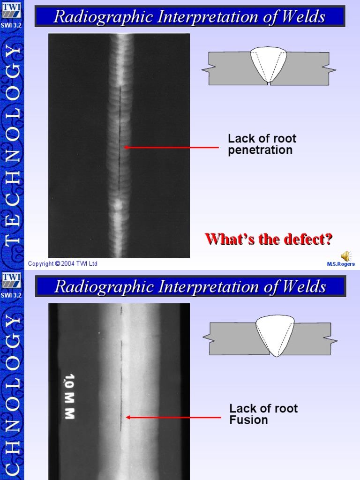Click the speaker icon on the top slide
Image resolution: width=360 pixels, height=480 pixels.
345,255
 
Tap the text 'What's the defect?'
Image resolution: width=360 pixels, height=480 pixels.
269,239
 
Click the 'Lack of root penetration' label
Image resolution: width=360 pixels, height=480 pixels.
262,144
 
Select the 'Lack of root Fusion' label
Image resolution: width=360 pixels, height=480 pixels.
263,414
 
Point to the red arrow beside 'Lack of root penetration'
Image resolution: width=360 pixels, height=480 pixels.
171,147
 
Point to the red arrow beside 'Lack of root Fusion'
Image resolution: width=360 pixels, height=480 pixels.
173,417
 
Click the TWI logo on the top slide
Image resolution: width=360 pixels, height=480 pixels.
12,9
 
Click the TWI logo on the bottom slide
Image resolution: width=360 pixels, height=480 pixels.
12,280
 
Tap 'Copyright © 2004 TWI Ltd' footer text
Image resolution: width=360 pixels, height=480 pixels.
63,264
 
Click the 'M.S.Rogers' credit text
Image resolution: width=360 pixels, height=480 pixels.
341,264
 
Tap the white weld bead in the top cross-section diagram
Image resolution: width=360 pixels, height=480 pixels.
269,63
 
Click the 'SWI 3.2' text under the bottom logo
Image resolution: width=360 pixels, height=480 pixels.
12,295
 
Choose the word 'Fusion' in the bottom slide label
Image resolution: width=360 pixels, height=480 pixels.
248,420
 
